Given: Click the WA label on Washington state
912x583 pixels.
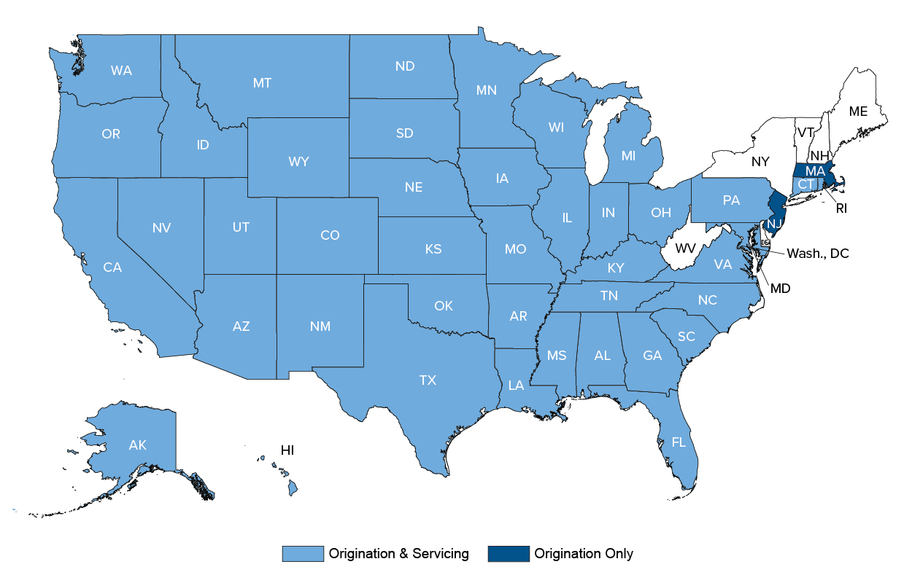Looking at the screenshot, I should pyautogui.click(x=121, y=71).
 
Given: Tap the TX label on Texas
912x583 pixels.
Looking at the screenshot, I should pyautogui.click(x=428, y=380).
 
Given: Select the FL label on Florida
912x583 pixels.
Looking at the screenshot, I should pyautogui.click(x=679, y=442).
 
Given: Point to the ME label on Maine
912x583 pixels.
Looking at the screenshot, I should pyautogui.click(x=858, y=111).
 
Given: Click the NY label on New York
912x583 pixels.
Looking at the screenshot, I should pyautogui.click(x=760, y=161).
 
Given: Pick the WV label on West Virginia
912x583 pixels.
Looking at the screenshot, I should pyautogui.click(x=685, y=249).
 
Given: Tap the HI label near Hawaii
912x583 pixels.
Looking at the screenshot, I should pyautogui.click(x=287, y=450).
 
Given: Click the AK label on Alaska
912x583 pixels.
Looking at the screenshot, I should pyautogui.click(x=137, y=445).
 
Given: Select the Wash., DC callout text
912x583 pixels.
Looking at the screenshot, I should pyautogui.click(x=817, y=254).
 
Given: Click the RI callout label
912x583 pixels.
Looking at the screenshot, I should pyautogui.click(x=841, y=208).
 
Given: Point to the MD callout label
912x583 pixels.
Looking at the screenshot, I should pyautogui.click(x=781, y=289).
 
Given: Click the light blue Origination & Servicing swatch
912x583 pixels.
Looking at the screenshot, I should pyautogui.click(x=302, y=554).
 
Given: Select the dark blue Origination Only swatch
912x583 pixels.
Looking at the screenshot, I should pyautogui.click(x=508, y=554).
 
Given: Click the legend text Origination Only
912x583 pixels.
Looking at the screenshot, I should pyautogui.click(x=584, y=554).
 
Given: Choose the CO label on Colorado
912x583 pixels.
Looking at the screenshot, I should pyautogui.click(x=330, y=235).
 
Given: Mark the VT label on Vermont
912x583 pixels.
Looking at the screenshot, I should pyautogui.click(x=805, y=133).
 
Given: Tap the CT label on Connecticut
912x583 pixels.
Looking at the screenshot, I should pyautogui.click(x=805, y=185).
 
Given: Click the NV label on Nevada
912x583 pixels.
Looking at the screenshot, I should pyautogui.click(x=161, y=228).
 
